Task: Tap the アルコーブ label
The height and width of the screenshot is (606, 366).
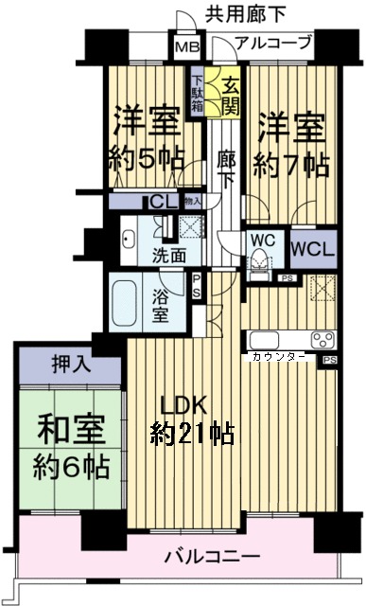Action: [271, 43]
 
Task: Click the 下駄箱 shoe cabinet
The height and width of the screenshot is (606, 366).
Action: [197, 93]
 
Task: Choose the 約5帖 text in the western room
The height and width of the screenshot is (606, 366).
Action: [147, 158]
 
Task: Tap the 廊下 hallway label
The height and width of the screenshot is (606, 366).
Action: [225, 169]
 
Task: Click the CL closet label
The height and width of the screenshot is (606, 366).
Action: [161, 202]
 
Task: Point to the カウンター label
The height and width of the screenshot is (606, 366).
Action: [278, 357]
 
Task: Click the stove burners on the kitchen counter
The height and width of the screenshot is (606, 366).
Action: [321, 341]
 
